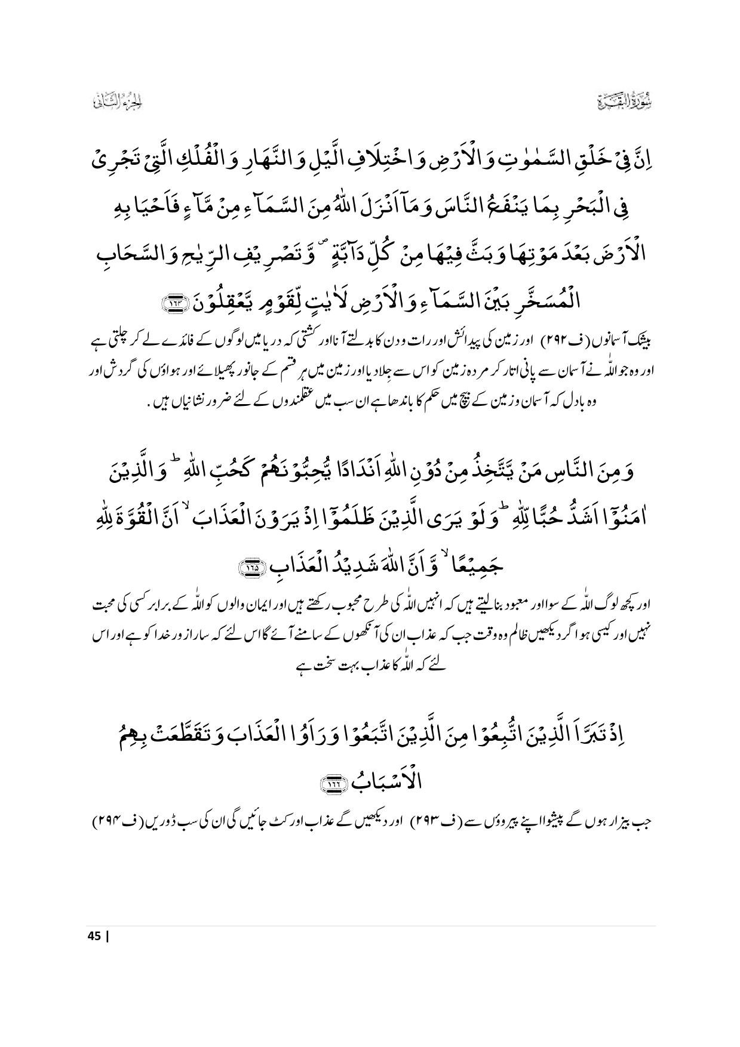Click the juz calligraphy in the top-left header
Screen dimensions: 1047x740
point(116,102)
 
